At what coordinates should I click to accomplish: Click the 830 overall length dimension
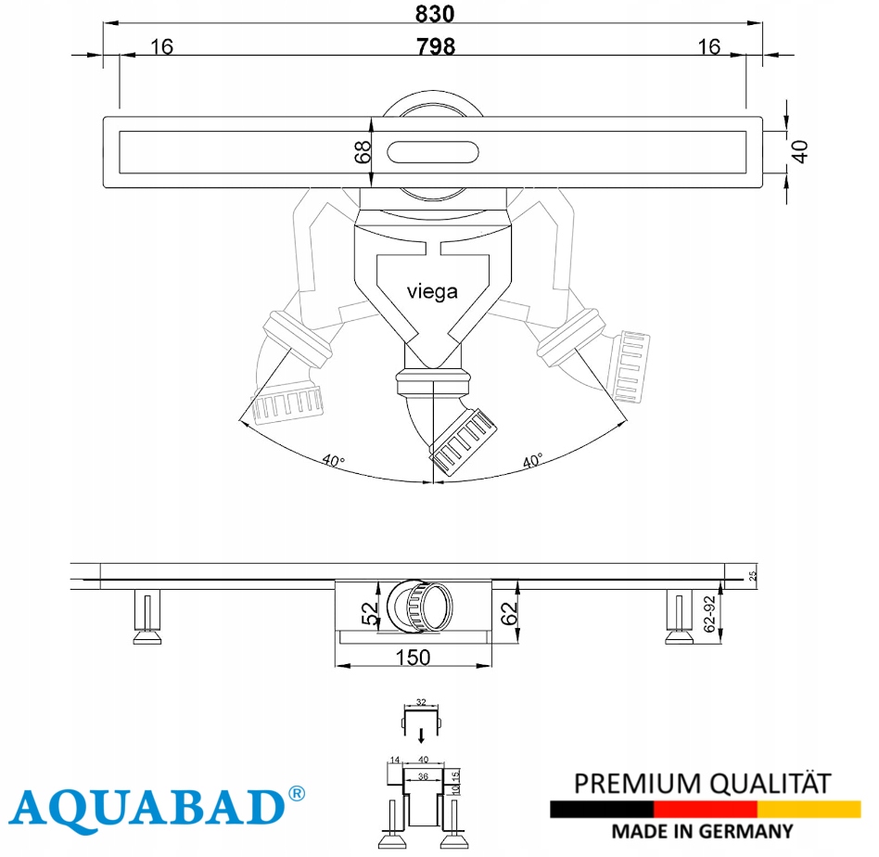(435, 13)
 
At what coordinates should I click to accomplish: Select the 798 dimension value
(435, 46)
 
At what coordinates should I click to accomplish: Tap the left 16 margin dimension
(161, 46)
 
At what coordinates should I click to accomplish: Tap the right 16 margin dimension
(709, 46)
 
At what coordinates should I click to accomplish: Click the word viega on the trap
(432, 291)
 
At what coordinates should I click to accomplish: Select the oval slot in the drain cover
(433, 152)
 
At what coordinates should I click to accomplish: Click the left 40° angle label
(334, 460)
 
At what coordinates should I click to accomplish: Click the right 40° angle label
(532, 460)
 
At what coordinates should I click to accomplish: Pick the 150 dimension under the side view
(414, 658)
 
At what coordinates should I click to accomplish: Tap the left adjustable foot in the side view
(146, 618)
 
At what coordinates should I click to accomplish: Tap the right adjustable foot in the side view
(677, 618)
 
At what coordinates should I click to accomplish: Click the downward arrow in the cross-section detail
(421, 736)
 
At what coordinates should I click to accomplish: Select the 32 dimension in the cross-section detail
(421, 702)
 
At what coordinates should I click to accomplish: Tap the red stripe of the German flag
(705, 809)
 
